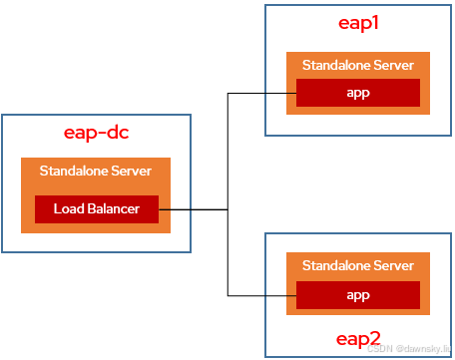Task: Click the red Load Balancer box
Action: (x=96, y=209)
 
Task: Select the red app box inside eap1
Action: (x=358, y=92)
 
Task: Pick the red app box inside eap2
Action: (x=358, y=295)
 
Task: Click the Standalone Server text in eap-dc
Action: (x=96, y=171)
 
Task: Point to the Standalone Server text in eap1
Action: (x=358, y=65)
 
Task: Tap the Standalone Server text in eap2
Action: (x=358, y=266)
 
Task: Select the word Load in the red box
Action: (x=68, y=209)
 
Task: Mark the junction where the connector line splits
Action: (x=228, y=209)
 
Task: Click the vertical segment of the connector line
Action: (x=228, y=150)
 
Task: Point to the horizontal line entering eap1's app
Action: (x=261, y=93)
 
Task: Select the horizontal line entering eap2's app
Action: (x=261, y=295)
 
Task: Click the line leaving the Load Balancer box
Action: (x=195, y=209)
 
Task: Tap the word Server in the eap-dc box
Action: (x=131, y=171)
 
